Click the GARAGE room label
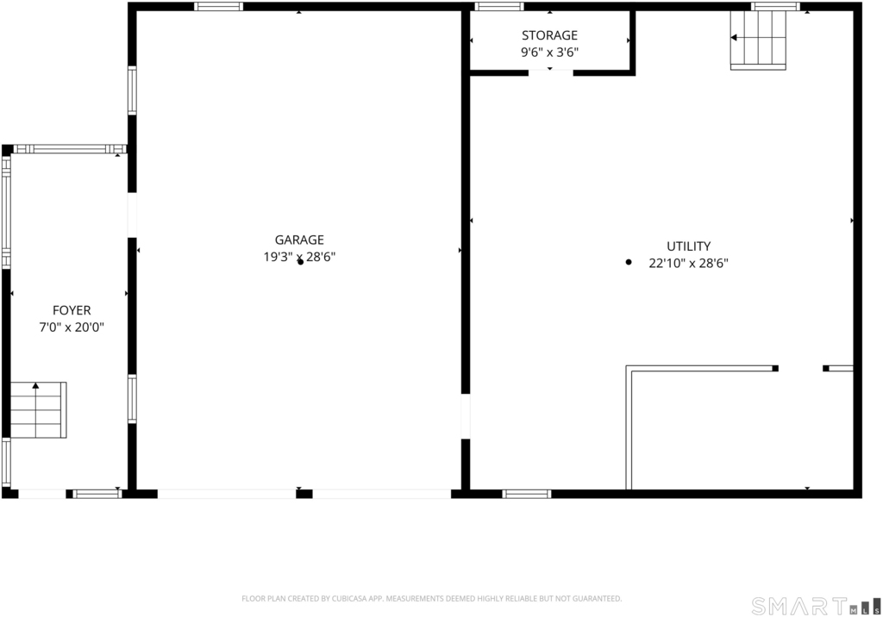click(x=299, y=240)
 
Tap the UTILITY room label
click(x=688, y=246)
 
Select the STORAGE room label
click(x=549, y=35)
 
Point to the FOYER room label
click(x=72, y=310)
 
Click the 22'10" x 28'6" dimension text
click(x=688, y=263)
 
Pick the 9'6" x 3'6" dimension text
click(x=549, y=53)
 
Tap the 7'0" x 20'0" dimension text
click(x=72, y=327)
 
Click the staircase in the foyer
click(x=38, y=410)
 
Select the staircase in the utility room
click(x=758, y=40)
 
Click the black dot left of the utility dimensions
click(x=629, y=262)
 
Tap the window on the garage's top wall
click(x=218, y=7)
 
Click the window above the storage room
click(x=499, y=7)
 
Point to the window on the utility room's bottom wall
click(x=527, y=494)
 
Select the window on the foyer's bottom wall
click(x=97, y=494)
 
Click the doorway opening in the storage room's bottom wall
click(x=551, y=72)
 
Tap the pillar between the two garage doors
click(x=304, y=494)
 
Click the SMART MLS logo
click(x=816, y=606)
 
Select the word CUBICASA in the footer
click(x=347, y=598)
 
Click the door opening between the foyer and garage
click(x=132, y=215)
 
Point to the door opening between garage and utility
click(x=465, y=416)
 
